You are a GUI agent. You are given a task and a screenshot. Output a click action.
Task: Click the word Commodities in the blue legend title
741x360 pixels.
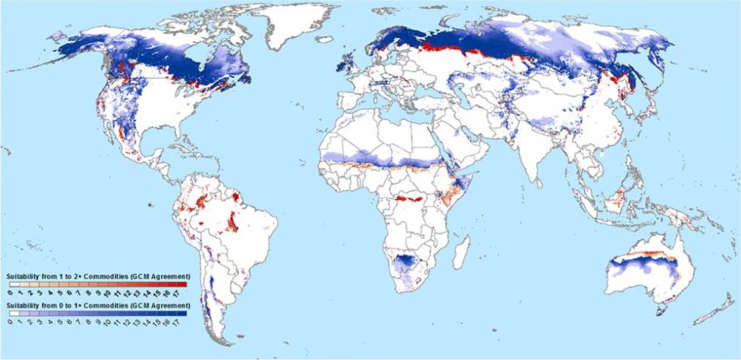coord(107,303)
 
